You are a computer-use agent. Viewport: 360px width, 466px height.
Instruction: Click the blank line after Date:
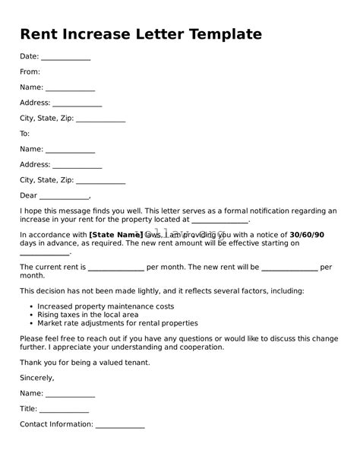(x=65, y=59)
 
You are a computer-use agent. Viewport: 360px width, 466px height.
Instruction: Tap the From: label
(x=30, y=72)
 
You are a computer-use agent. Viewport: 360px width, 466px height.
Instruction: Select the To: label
(x=25, y=134)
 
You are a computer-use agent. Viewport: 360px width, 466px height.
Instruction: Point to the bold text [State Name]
(x=116, y=235)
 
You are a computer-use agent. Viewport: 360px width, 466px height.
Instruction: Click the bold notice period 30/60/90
(x=307, y=235)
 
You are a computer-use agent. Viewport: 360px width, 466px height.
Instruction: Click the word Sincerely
(x=37, y=377)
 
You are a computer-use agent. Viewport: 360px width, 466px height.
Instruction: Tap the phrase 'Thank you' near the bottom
(x=36, y=363)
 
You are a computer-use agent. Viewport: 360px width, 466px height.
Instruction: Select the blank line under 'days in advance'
(x=45, y=253)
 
